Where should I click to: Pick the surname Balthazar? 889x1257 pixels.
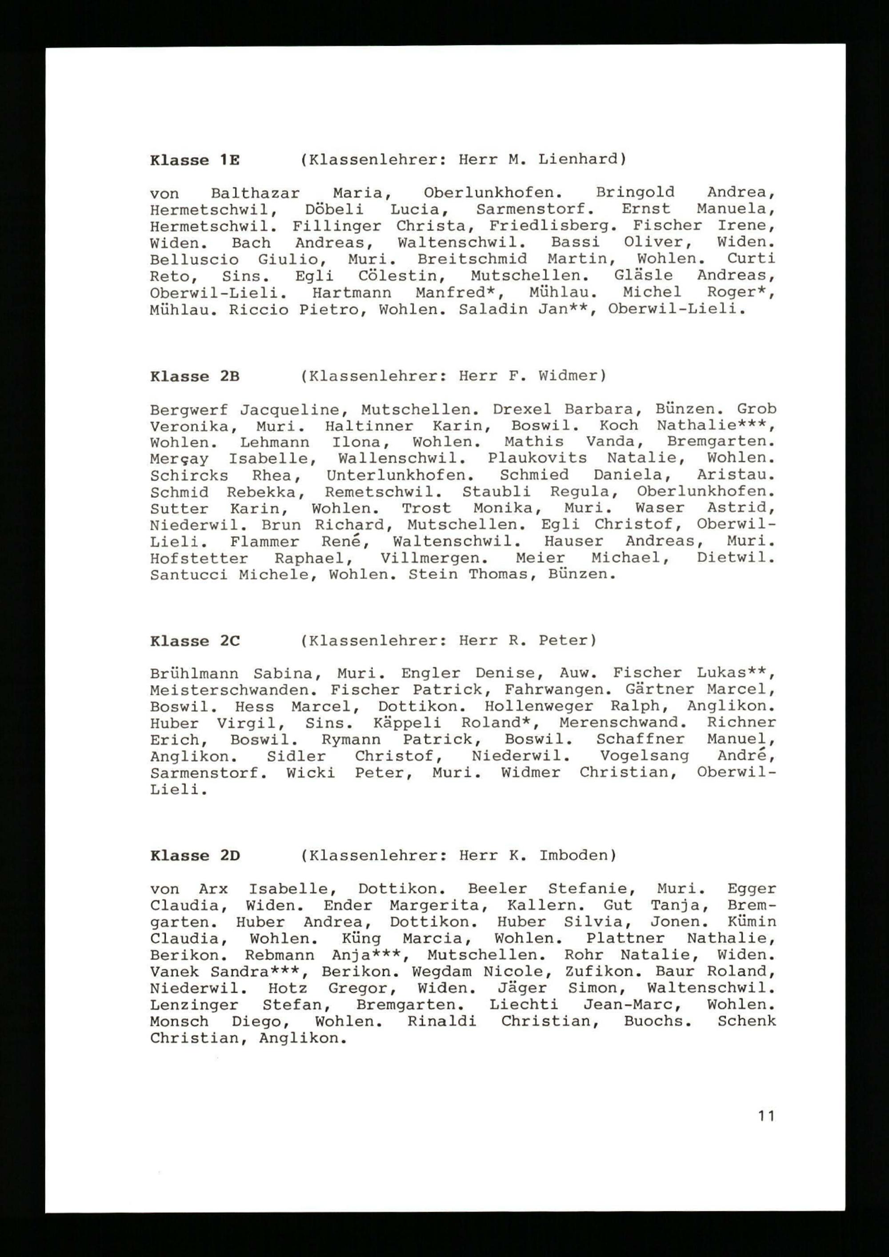pos(255,193)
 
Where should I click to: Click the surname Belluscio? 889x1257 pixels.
pos(194,259)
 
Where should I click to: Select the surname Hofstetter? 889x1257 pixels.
pos(199,559)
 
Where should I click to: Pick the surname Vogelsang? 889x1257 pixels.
pos(644,757)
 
